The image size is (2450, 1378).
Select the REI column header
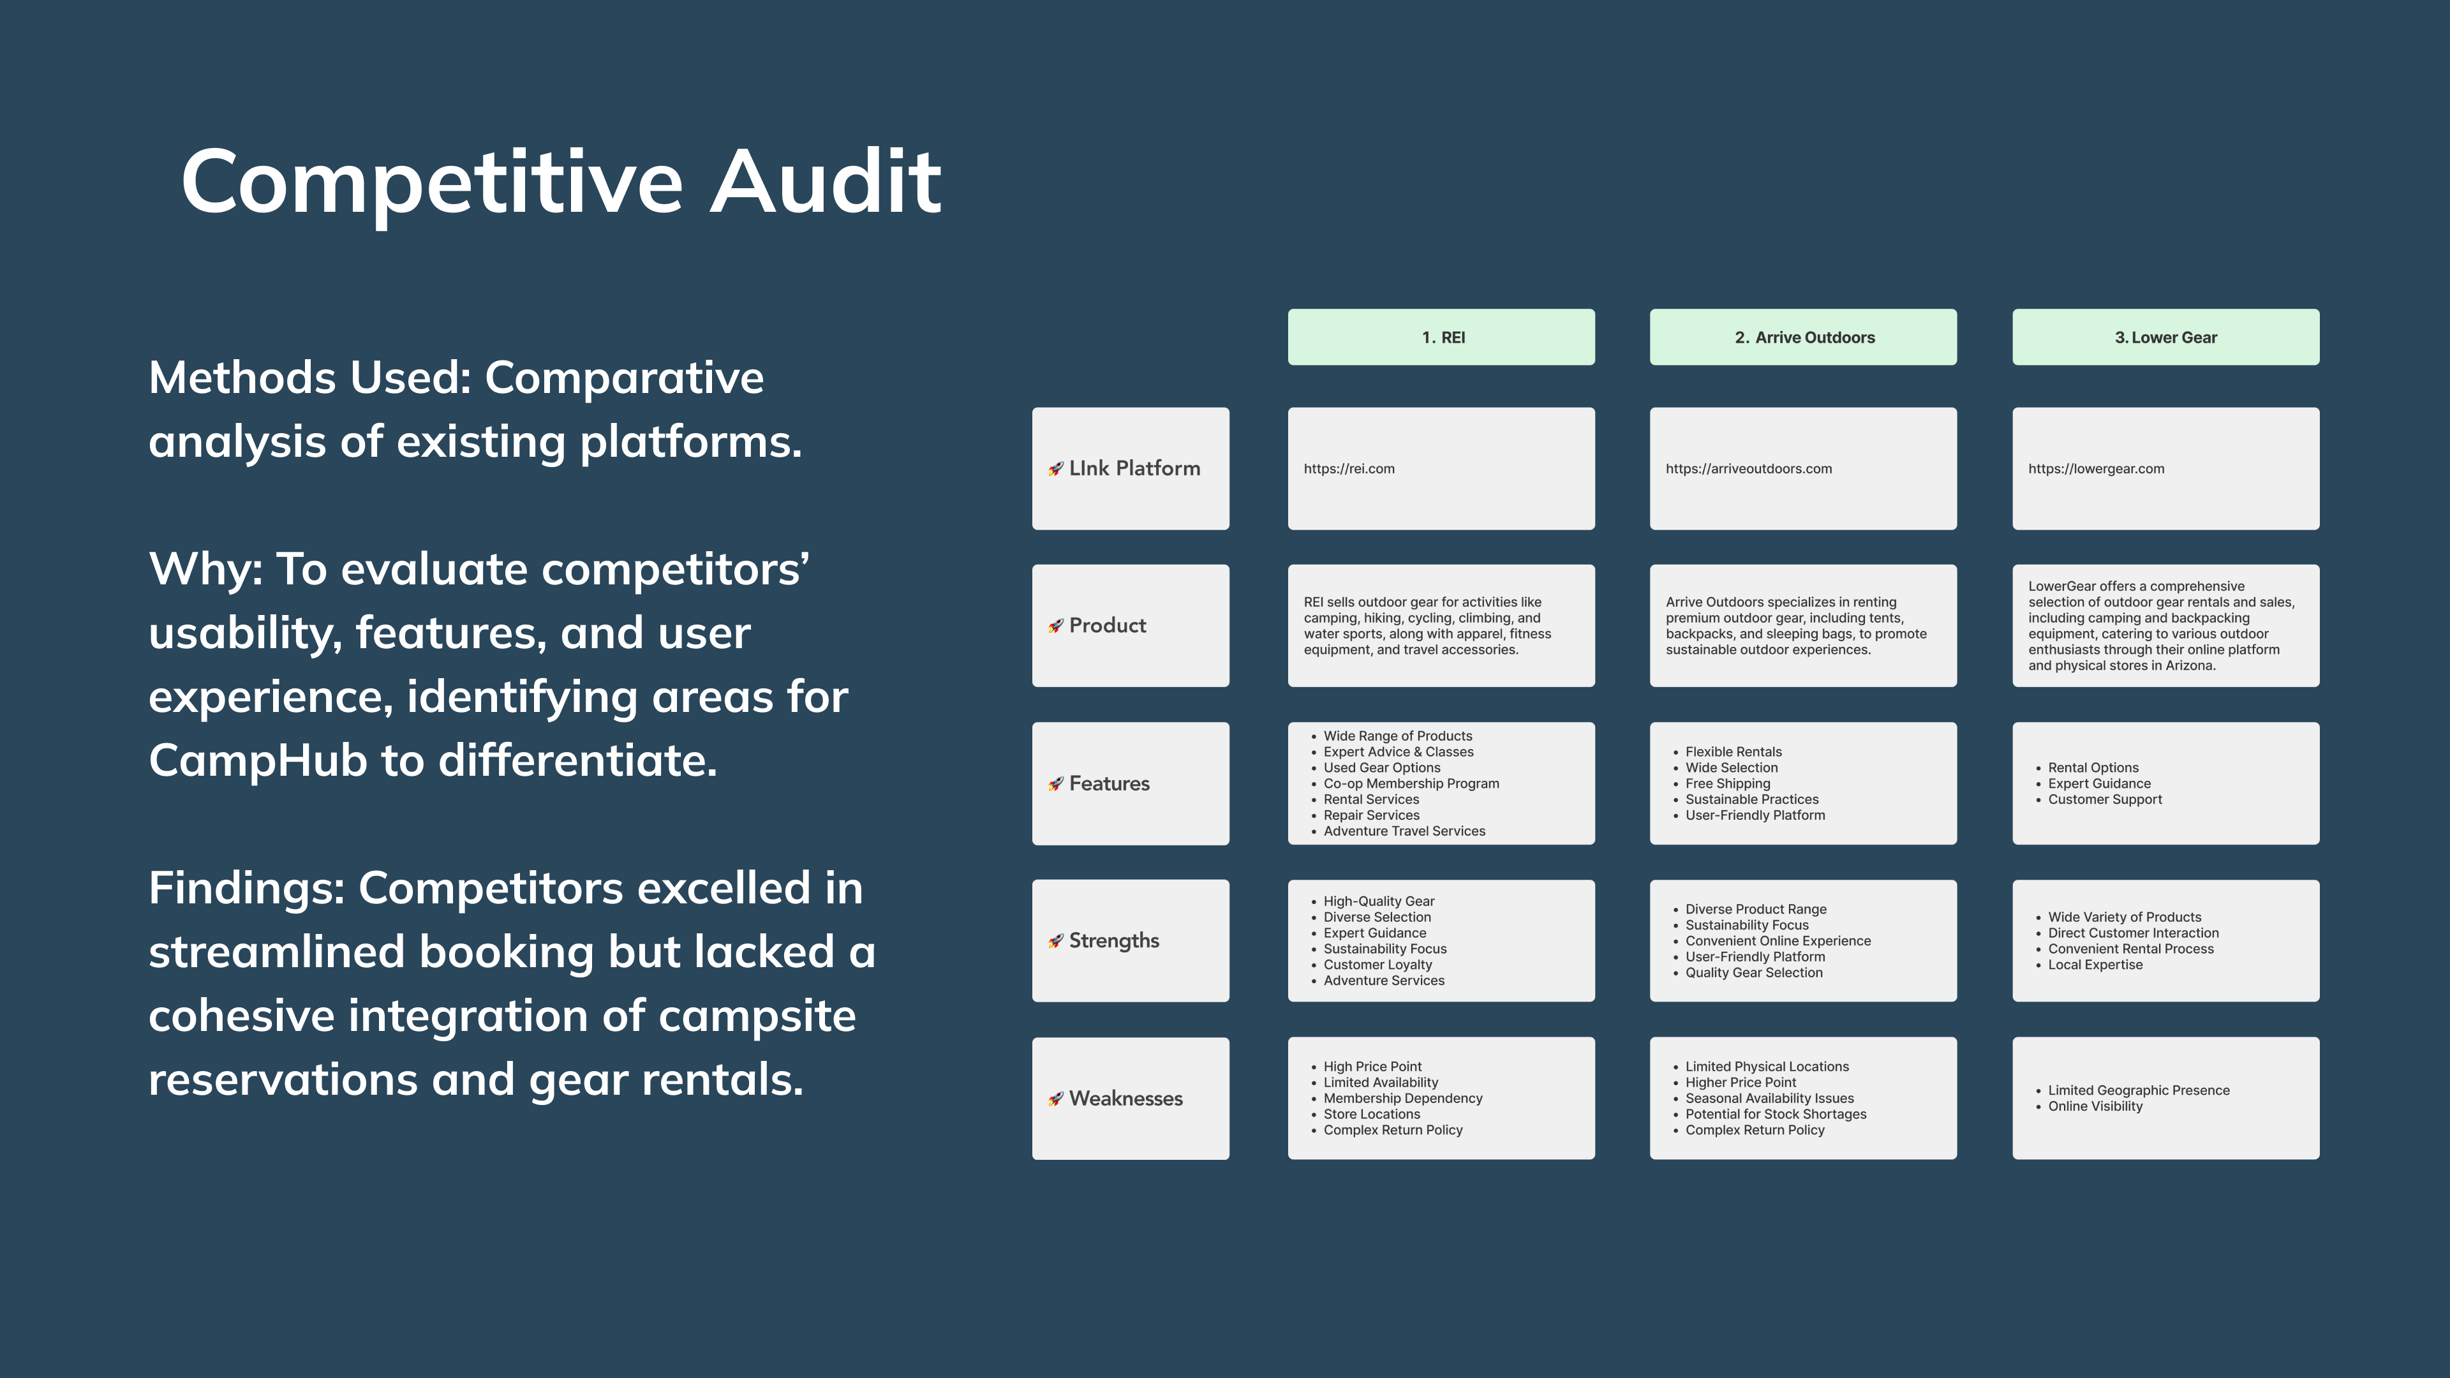(x=1442, y=337)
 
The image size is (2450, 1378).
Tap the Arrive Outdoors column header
(x=1803, y=337)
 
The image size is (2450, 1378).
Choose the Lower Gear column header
(x=2165, y=337)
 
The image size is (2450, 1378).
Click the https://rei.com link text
(x=1349, y=469)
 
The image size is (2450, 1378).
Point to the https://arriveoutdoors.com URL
(x=1748, y=469)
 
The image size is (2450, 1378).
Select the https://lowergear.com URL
(x=2095, y=469)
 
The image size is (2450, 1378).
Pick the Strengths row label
(x=1114, y=940)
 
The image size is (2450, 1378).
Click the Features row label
(x=1109, y=783)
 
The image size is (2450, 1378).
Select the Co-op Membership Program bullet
(x=1411, y=783)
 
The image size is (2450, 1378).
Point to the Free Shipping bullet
(x=1727, y=783)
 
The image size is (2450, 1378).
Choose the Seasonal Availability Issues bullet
(x=1769, y=1099)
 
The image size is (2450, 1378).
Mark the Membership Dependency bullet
(x=1402, y=1099)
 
